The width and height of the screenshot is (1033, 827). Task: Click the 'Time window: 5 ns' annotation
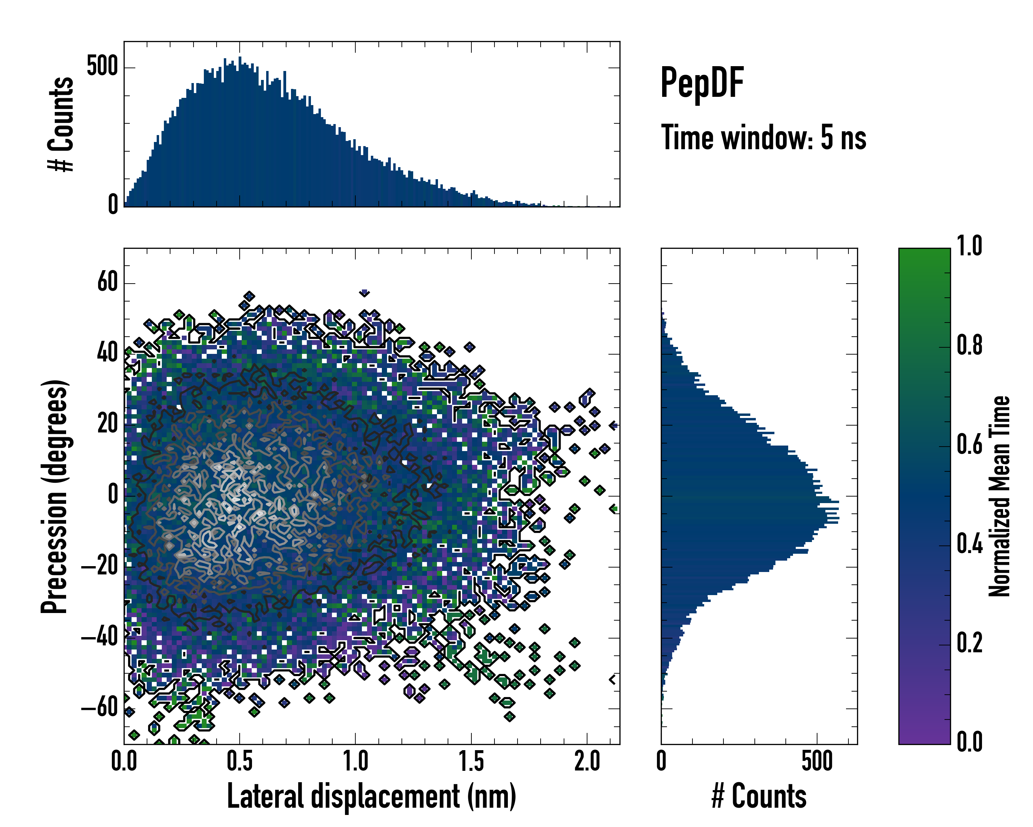click(763, 137)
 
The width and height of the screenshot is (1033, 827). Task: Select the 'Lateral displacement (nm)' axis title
click(371, 796)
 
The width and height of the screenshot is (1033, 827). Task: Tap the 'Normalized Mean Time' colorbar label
click(1000, 496)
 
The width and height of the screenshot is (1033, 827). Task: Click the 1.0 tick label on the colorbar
click(969, 246)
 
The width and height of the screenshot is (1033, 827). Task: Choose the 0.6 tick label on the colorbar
click(969, 445)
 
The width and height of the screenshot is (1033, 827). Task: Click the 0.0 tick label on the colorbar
click(969, 742)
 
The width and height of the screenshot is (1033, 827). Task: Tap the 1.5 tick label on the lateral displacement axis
click(471, 761)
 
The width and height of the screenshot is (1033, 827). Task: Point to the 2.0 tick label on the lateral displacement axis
click(587, 761)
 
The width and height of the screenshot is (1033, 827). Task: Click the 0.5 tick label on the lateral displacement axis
click(240, 761)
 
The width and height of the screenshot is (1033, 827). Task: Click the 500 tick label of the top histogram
click(102, 66)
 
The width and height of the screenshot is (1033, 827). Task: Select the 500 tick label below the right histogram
click(817, 761)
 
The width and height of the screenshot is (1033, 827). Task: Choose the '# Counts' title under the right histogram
click(759, 796)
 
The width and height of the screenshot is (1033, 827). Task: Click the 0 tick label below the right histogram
click(661, 761)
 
